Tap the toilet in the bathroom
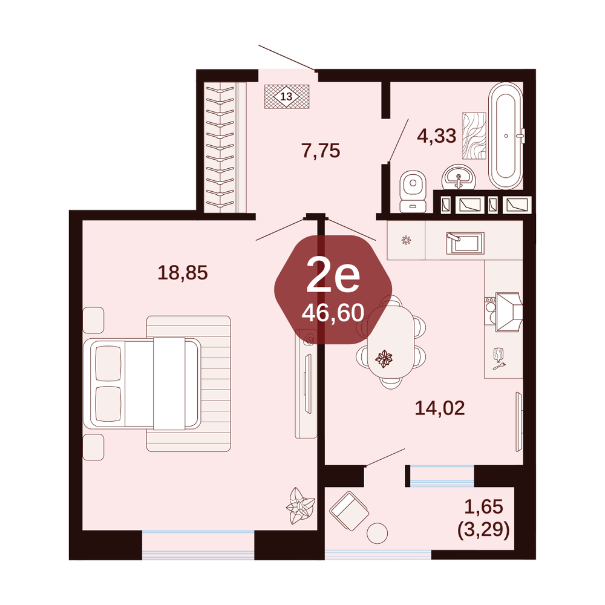(413, 191)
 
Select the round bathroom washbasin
(459, 178)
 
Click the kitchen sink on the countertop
(465, 243)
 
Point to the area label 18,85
(183, 272)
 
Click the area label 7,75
(321, 151)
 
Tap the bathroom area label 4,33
(437, 136)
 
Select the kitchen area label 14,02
(440, 408)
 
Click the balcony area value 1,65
(484, 506)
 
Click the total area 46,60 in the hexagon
(333, 313)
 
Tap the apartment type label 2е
(333, 275)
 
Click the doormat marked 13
(287, 96)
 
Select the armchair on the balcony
(349, 511)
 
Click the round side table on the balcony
(377, 533)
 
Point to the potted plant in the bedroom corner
(300, 505)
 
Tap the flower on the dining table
(384, 358)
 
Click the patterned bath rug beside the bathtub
(474, 136)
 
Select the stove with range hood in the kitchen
(503, 312)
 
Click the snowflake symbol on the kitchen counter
(406, 240)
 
